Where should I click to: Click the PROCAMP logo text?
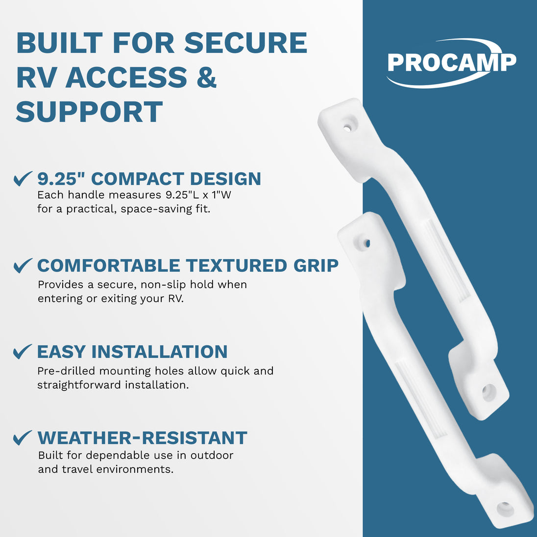(452, 62)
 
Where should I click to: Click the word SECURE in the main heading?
(245, 43)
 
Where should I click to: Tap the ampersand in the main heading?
(206, 77)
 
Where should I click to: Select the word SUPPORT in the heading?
(89, 112)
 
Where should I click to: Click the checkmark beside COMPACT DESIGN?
(23, 178)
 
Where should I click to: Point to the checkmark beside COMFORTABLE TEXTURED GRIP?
(23, 266)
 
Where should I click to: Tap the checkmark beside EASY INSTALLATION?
(23, 352)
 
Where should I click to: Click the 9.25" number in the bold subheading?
(61, 178)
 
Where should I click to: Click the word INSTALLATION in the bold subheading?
(159, 352)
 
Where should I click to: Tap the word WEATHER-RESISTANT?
(142, 438)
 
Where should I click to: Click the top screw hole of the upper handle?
(347, 128)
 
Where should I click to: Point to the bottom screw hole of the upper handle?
(488, 392)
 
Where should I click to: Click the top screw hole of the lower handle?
(366, 244)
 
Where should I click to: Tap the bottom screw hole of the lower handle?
(506, 509)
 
